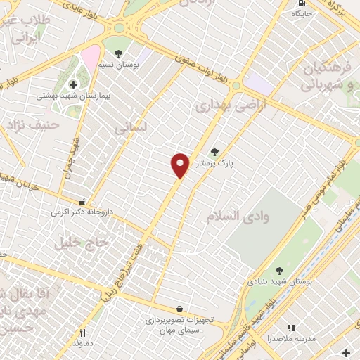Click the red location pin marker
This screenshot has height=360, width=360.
point(181,165)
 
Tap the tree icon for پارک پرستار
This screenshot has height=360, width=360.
point(214,151)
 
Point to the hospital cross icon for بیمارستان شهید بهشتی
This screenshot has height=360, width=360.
point(73,85)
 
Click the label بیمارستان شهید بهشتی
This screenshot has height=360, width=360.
point(65,96)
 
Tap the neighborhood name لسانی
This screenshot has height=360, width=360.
point(131,129)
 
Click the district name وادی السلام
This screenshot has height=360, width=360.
point(238,216)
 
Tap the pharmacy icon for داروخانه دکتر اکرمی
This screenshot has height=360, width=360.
point(83,200)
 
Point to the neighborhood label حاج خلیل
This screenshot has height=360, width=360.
point(82,243)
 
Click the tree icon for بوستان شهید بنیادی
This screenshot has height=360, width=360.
point(279,270)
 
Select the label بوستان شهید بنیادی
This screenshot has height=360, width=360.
point(278,281)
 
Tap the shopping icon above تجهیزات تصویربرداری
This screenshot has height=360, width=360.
point(180,309)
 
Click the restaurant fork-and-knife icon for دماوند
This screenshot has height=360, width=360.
point(82,333)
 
